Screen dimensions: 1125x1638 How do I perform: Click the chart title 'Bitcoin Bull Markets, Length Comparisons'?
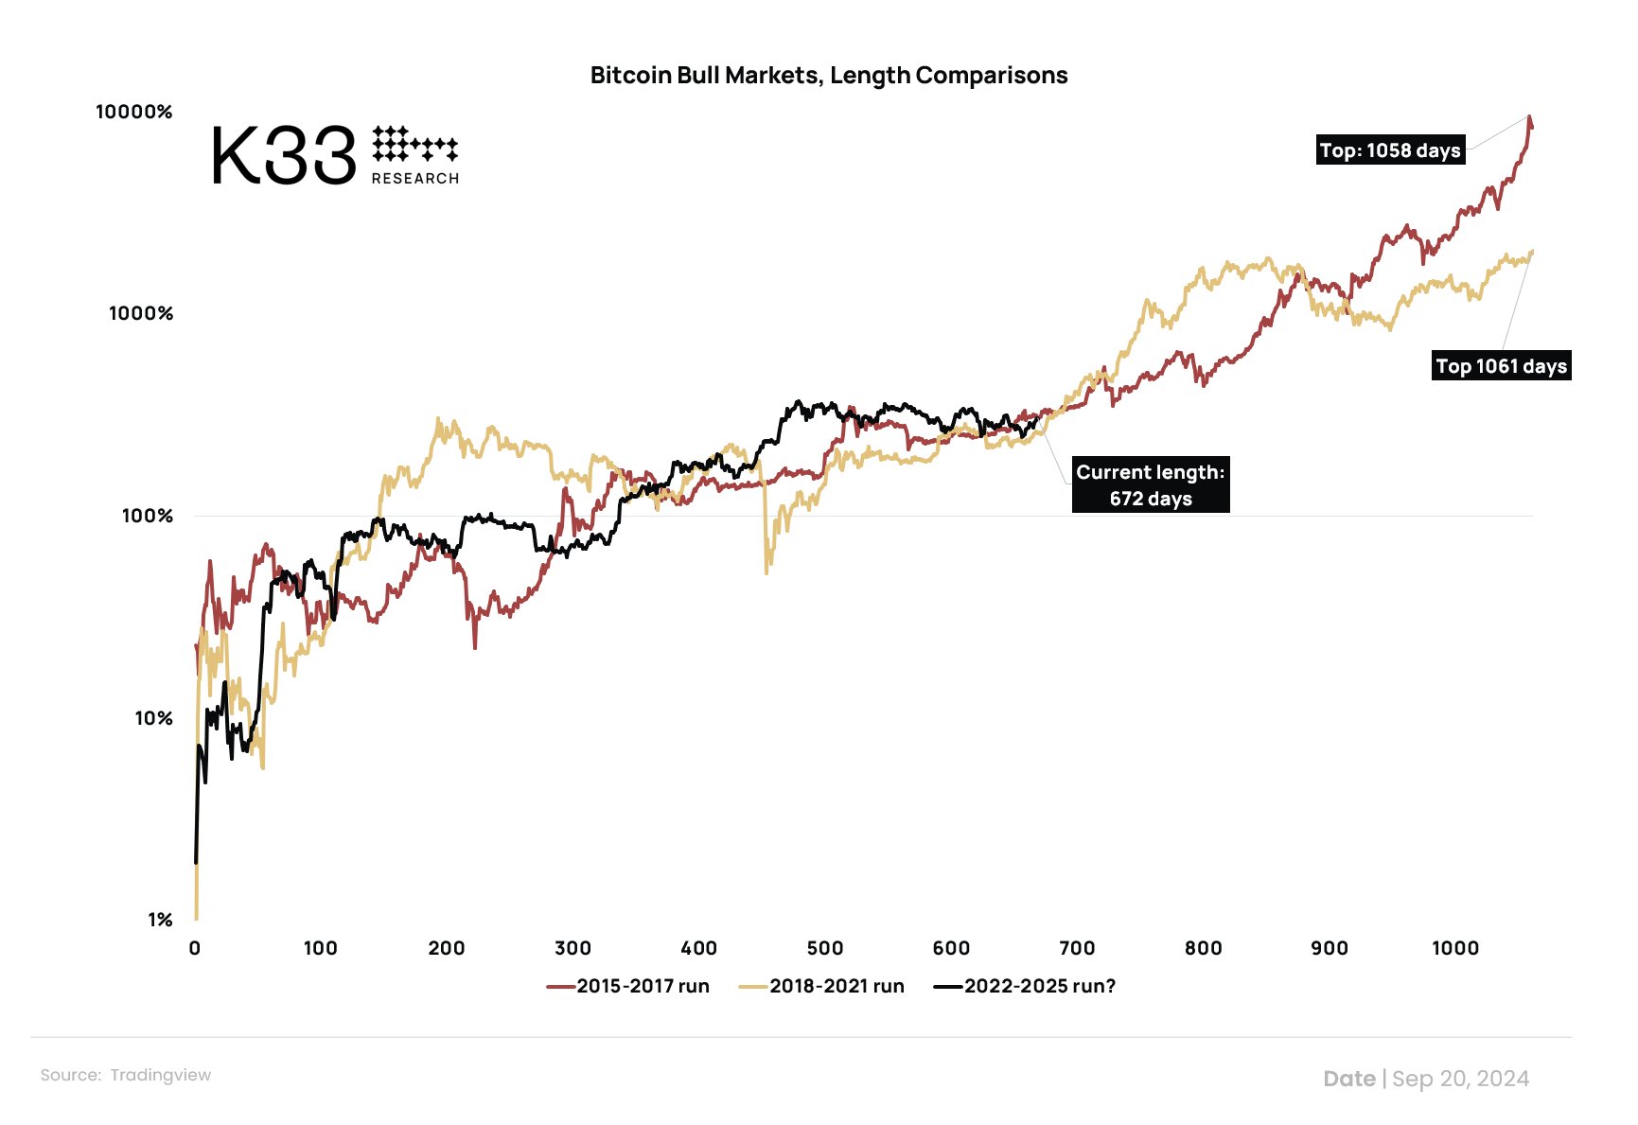click(x=828, y=76)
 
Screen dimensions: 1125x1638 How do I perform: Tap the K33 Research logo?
click(x=334, y=155)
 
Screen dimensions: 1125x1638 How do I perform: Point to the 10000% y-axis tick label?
click(x=134, y=112)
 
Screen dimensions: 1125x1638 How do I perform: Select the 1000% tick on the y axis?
click(x=141, y=313)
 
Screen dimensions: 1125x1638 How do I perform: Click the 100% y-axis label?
click(x=148, y=516)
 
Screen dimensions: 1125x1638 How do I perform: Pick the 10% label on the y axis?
click(x=153, y=718)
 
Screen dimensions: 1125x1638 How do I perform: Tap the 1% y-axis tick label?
click(x=160, y=920)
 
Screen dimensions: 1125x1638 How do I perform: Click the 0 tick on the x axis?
click(x=195, y=948)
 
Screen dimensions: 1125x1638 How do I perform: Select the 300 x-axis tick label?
click(x=572, y=948)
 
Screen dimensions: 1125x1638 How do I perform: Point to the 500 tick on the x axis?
click(x=825, y=948)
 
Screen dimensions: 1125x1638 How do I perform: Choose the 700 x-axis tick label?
click(x=1077, y=948)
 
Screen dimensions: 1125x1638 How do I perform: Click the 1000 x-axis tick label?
click(x=1454, y=948)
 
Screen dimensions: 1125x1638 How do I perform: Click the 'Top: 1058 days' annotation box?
click(x=1390, y=150)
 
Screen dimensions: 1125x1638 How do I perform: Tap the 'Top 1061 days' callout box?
click(x=1502, y=366)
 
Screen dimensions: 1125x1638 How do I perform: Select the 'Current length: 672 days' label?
click(x=1151, y=485)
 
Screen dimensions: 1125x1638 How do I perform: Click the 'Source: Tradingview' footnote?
click(x=126, y=1075)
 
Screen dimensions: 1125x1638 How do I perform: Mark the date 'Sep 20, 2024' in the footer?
click(x=1460, y=1079)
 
